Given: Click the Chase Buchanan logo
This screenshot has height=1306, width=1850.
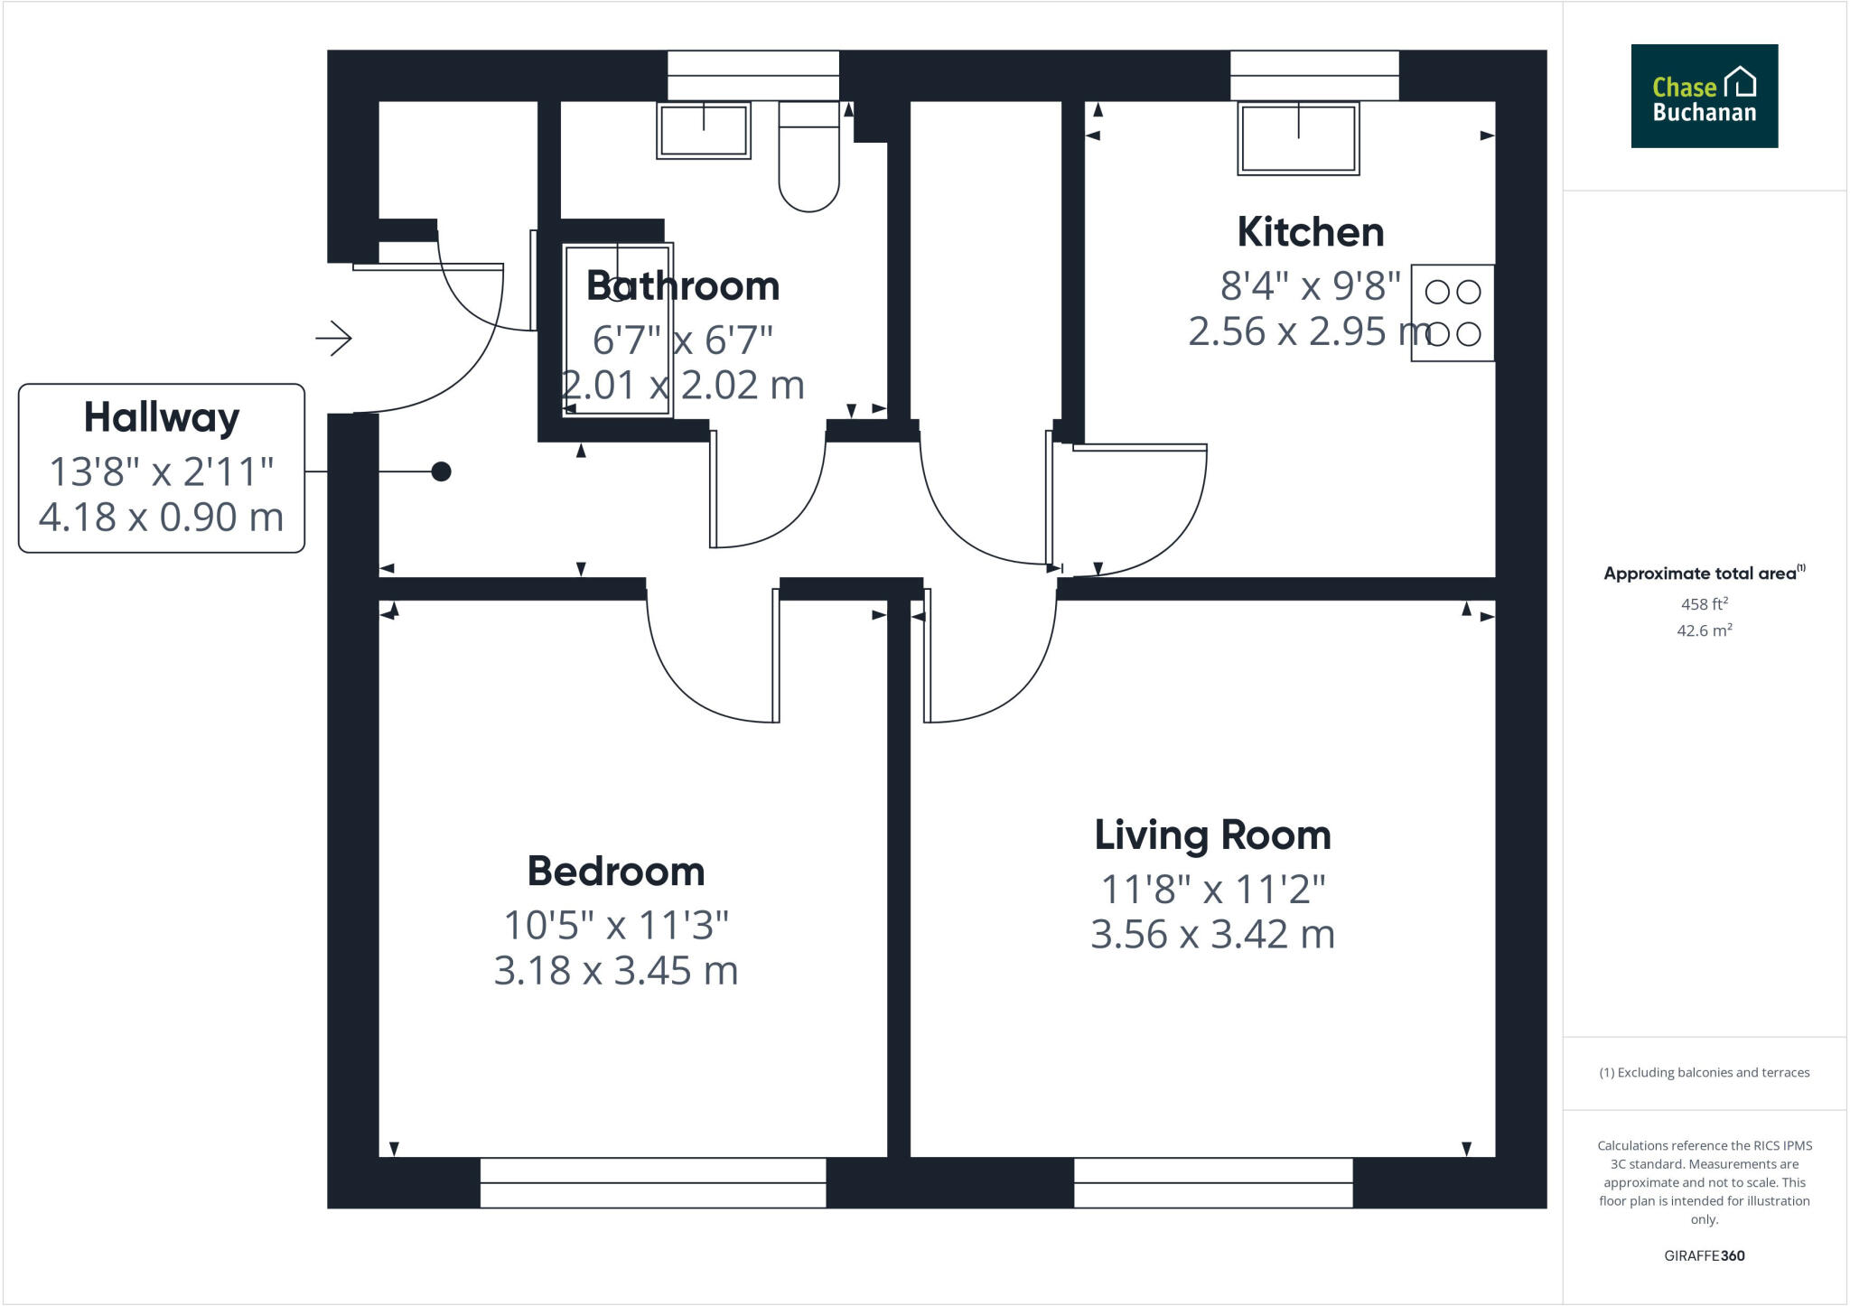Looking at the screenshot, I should [1704, 96].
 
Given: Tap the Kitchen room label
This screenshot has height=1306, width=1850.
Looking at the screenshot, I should [1310, 232].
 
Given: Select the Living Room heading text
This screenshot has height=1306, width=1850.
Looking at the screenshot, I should [1212, 835].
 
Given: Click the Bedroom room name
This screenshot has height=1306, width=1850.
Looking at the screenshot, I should [616, 872].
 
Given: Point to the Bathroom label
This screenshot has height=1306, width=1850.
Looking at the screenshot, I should [683, 286].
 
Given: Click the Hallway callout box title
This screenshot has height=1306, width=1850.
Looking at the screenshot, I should [162, 417].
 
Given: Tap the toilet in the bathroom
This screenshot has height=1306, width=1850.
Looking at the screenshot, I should [808, 163].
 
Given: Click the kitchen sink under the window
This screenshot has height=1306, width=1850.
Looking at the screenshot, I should [1298, 138].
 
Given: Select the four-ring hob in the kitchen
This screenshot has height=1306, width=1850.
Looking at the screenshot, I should [1452, 313].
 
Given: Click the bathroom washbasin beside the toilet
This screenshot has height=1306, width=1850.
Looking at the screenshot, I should [703, 131].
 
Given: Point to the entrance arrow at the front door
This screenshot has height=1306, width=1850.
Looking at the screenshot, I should [333, 339].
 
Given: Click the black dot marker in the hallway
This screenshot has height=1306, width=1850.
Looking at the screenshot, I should [441, 471].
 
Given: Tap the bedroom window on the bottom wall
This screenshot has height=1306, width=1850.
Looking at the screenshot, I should [652, 1182].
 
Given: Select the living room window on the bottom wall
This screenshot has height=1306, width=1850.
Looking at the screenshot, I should [1212, 1182].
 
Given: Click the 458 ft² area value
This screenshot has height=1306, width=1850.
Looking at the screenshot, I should [1704, 604].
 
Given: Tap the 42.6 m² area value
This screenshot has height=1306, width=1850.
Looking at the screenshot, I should [1704, 630].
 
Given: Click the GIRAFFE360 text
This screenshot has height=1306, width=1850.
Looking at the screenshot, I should [1704, 1255].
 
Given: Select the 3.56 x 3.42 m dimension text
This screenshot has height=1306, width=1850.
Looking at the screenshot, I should [1212, 935].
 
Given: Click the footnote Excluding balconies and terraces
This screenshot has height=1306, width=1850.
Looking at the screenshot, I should [1704, 1073].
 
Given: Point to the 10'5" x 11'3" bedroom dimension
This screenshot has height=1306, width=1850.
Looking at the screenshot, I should [616, 926].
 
